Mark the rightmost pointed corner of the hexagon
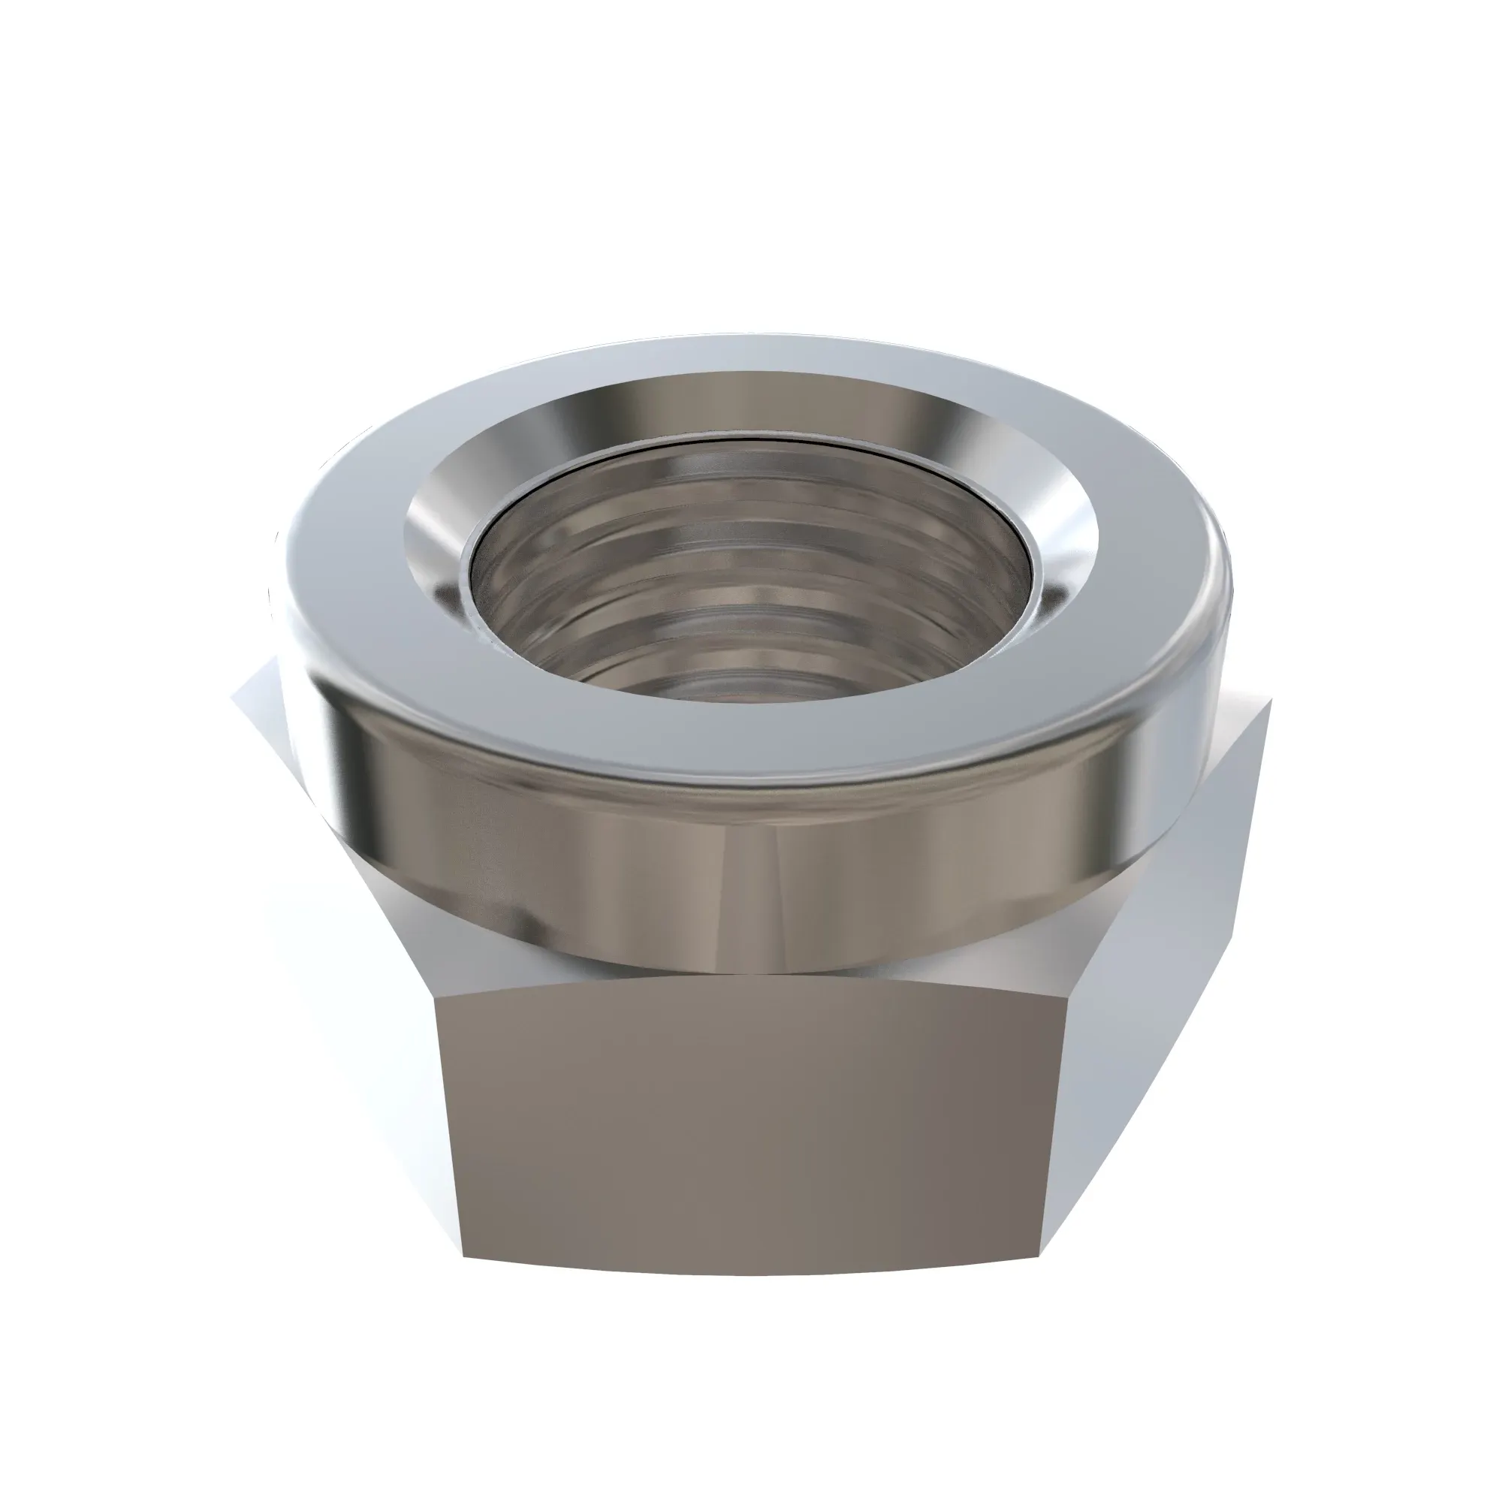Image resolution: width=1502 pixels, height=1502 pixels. [1273, 700]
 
